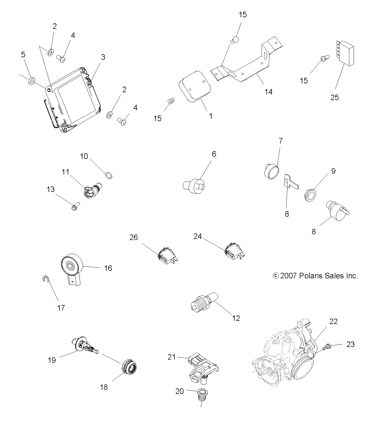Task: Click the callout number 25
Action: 334,98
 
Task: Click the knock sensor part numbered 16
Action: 72,269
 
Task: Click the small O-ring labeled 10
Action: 109,175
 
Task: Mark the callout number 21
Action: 172,357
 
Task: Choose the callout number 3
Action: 103,57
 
